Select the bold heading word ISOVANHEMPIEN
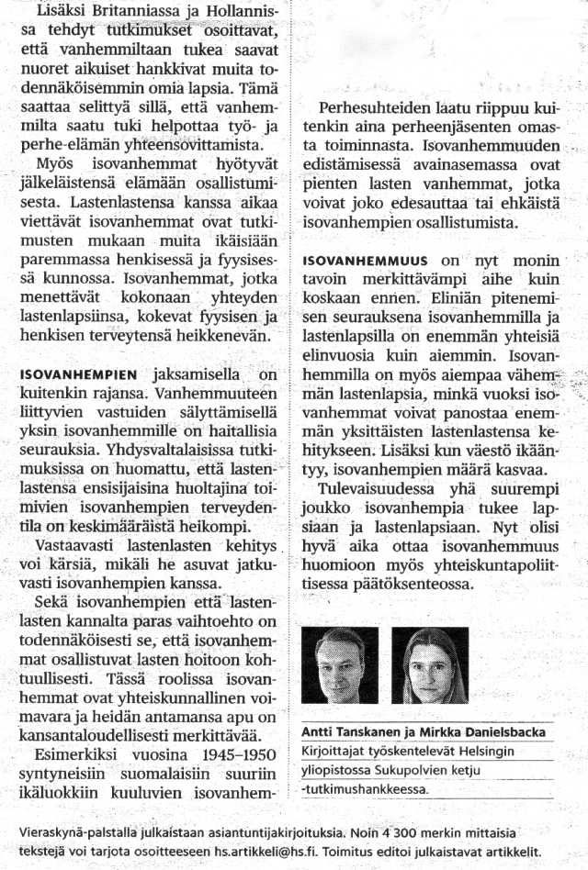[77, 374]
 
